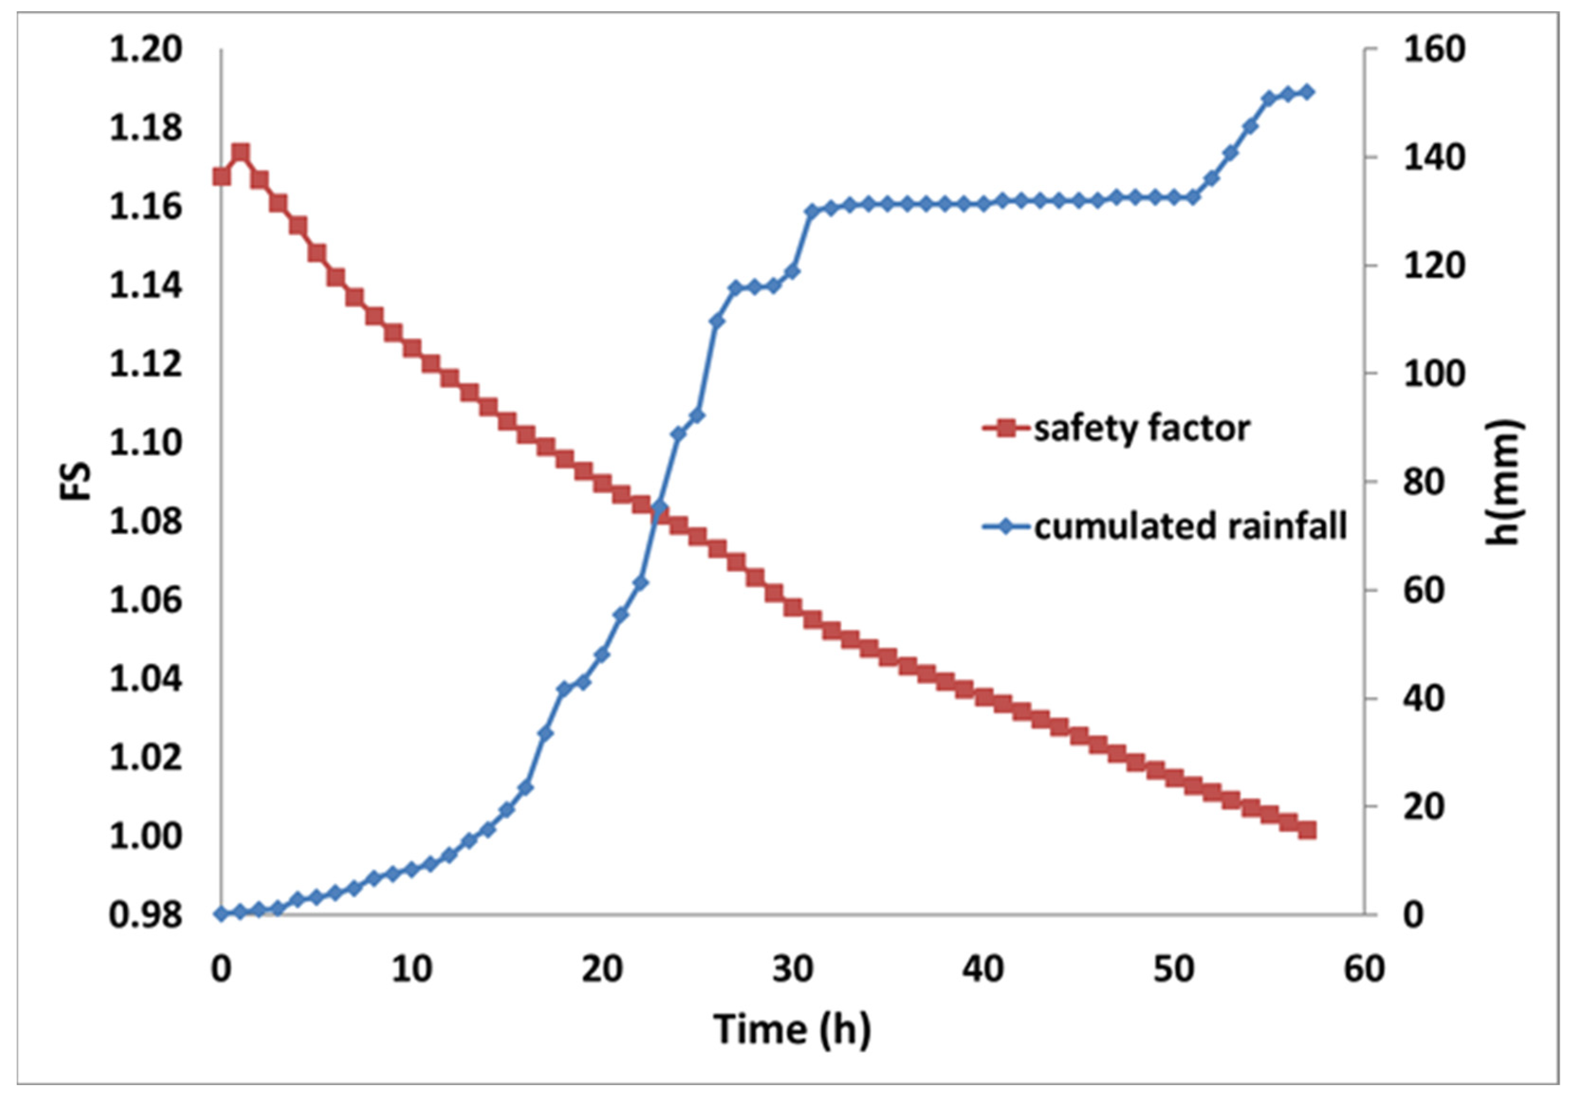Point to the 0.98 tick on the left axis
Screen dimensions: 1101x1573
click(x=146, y=915)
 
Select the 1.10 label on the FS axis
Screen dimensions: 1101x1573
click(x=146, y=443)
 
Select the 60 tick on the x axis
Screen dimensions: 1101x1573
click(x=1364, y=970)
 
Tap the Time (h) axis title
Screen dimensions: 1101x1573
click(x=792, y=1029)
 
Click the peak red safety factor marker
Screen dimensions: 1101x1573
click(x=240, y=152)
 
